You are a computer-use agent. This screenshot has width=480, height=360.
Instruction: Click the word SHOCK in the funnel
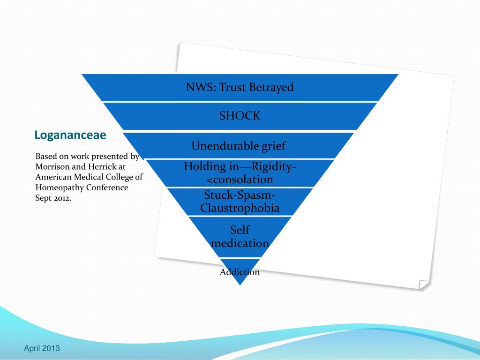[x=240, y=116]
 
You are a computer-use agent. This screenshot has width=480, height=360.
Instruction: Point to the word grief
[x=273, y=146]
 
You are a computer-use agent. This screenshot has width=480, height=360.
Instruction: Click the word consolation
[x=240, y=180]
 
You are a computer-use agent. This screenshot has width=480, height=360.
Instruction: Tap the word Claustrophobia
[x=240, y=208]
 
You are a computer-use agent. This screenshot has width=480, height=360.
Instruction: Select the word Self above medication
[x=240, y=230]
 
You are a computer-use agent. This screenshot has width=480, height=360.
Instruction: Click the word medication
[x=240, y=243]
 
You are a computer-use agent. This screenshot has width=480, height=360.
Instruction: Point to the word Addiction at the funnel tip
[x=240, y=272]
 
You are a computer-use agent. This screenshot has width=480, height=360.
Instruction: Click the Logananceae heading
[x=70, y=135]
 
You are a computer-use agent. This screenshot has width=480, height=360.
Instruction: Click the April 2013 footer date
[x=42, y=348]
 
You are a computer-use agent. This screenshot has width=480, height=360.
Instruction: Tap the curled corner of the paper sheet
[x=424, y=284]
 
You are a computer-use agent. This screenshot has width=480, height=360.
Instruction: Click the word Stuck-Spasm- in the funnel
[x=240, y=195]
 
